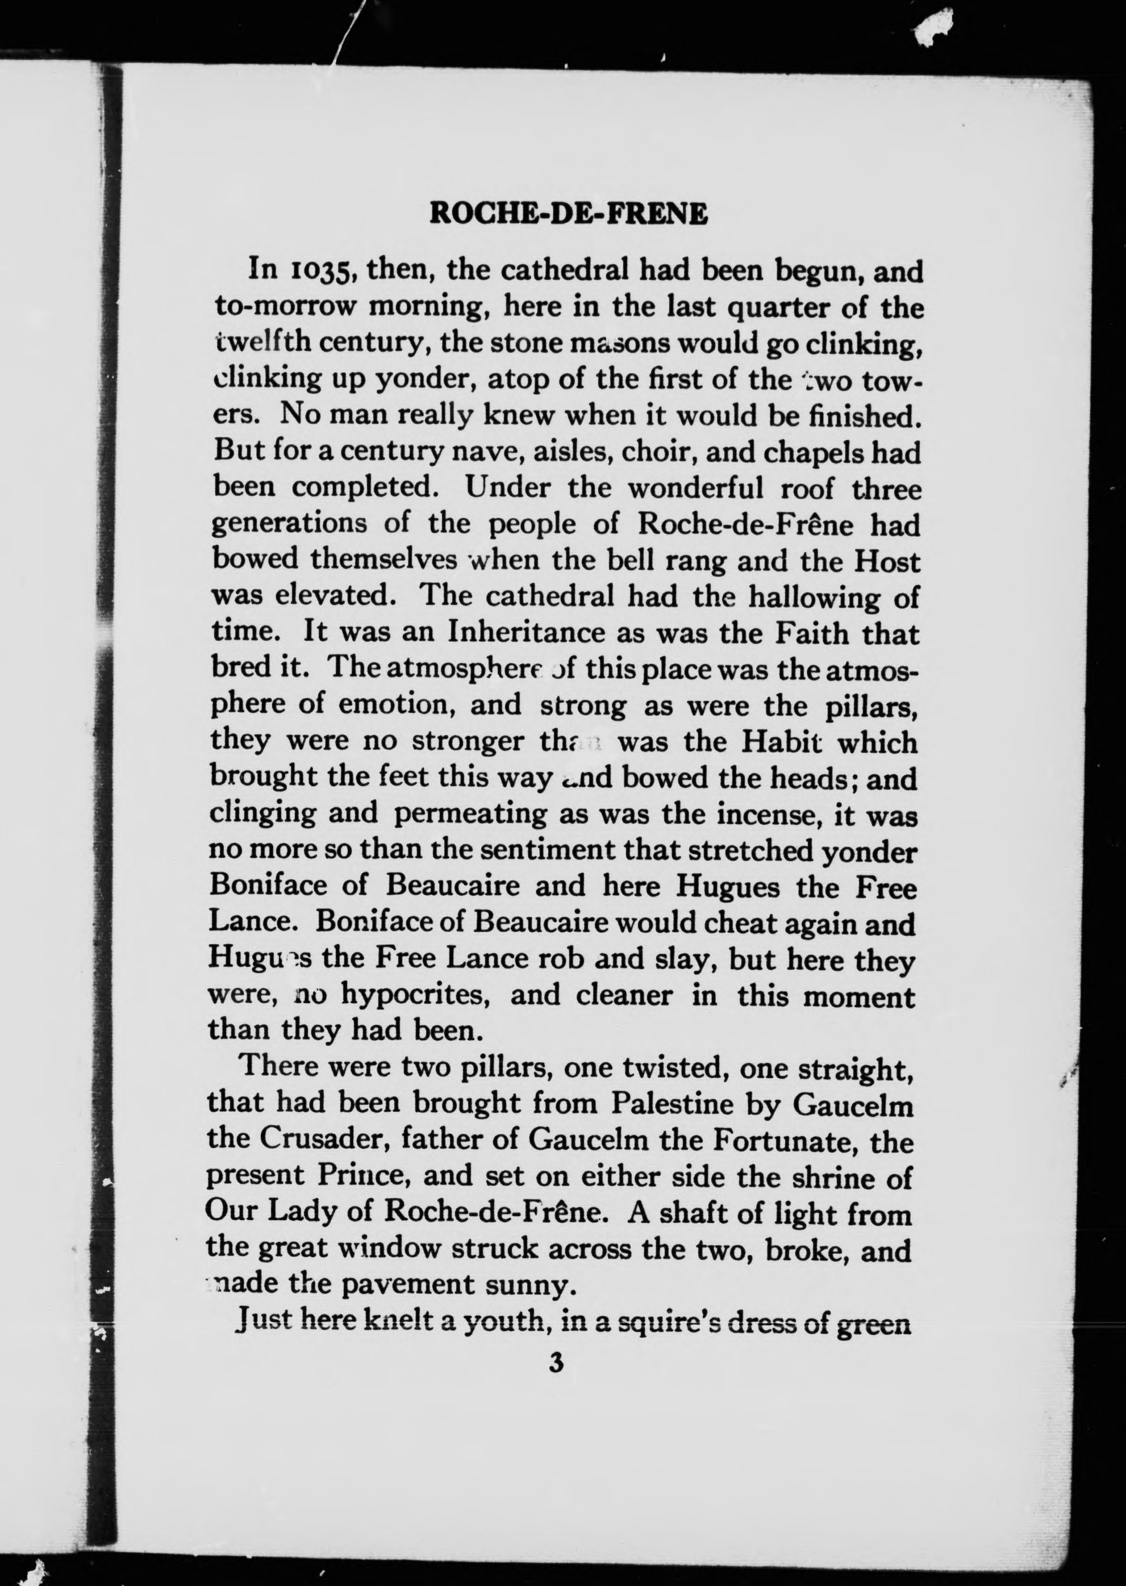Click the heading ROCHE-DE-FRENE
coord(569,214)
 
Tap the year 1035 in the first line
coord(324,270)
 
